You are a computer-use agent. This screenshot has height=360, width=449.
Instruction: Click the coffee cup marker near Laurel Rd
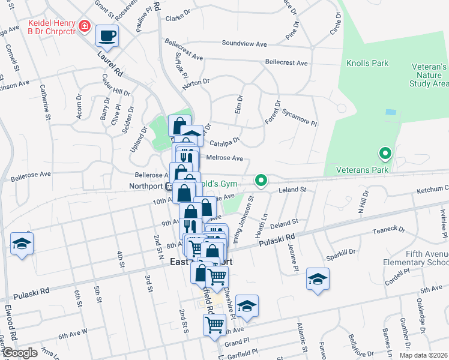point(107,35)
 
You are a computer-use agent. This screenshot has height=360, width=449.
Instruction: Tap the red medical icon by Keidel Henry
point(85,27)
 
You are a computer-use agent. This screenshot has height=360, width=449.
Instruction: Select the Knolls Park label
point(367,63)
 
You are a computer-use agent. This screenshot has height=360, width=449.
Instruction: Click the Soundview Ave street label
point(244,44)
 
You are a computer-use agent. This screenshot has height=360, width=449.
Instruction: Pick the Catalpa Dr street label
point(225,143)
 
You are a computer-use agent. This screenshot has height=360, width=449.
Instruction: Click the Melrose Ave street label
point(224,158)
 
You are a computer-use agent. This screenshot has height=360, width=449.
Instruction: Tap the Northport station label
point(146,186)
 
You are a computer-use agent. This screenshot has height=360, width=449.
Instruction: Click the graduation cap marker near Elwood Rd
point(22,244)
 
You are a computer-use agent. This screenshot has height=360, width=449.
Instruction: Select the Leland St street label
point(292,190)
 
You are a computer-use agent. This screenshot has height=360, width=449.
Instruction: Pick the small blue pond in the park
point(391,112)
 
